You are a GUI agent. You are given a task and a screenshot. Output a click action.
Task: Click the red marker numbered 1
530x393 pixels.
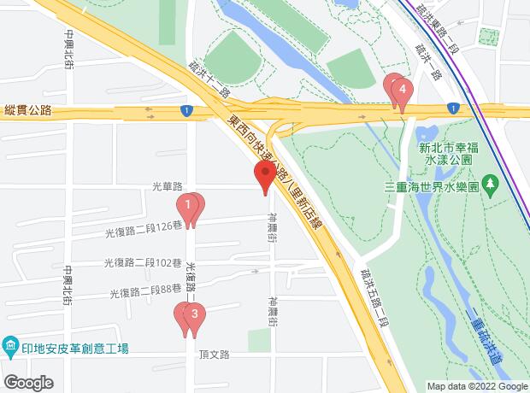[x=187, y=206]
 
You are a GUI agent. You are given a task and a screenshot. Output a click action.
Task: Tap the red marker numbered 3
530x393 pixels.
[x=195, y=314]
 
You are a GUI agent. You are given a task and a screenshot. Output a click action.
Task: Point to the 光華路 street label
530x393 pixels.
[x=168, y=186]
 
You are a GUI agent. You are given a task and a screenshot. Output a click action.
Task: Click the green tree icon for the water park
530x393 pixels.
[x=491, y=185]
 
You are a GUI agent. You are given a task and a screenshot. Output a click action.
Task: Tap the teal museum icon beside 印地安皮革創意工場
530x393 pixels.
[x=10, y=348]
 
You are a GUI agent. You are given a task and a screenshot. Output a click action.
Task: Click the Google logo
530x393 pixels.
[x=28, y=382]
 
